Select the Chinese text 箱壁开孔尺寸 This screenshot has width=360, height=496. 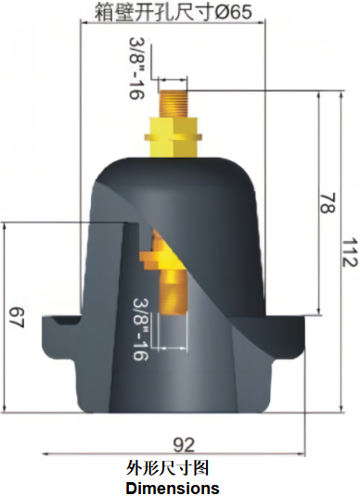click(152, 12)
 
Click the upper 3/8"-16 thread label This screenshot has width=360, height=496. click(137, 65)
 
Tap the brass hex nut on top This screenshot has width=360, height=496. click(176, 136)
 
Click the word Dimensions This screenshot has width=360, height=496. click(173, 488)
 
